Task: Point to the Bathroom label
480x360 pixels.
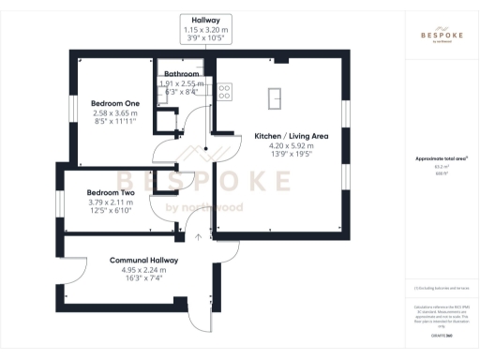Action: coord(181,74)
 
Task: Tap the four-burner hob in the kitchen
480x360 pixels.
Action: coord(226,91)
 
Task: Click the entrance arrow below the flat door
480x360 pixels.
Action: coord(199,238)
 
